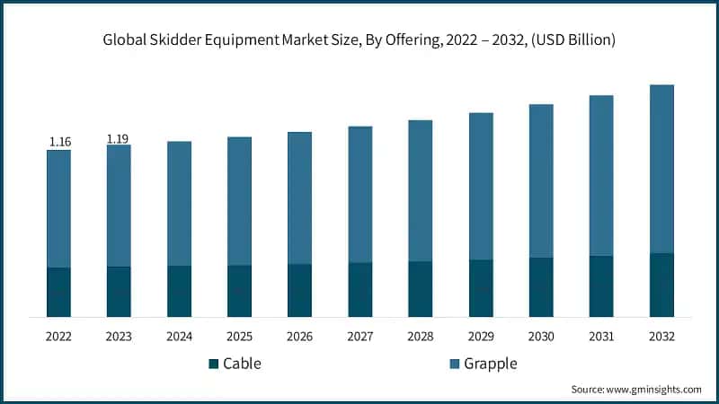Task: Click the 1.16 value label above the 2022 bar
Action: pos(59,142)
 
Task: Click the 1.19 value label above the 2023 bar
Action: pos(119,138)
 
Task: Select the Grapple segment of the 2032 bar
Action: pos(661,169)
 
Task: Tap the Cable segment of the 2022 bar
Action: pos(59,292)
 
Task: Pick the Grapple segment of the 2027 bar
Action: pos(360,194)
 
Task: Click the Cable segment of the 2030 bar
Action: pos(541,287)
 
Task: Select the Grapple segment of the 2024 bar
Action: pos(179,203)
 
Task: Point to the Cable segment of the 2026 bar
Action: pos(299,290)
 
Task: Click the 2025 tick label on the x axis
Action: pos(239,336)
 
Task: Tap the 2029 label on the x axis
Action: pos(481,336)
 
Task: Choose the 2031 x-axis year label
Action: pos(601,336)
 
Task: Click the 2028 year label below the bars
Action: pos(421,336)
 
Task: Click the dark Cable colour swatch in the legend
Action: pos(213,364)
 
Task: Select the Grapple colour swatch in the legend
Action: pos(456,364)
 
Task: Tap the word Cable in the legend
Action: pos(242,364)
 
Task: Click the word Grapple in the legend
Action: pos(492,364)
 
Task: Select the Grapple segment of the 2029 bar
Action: pos(481,186)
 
